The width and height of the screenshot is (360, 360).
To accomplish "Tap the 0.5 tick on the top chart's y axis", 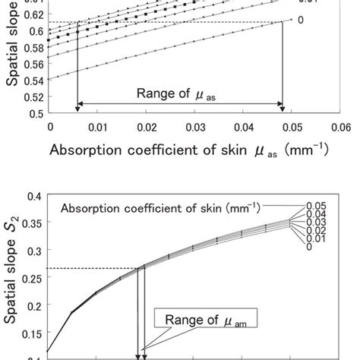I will coord(35,113).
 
